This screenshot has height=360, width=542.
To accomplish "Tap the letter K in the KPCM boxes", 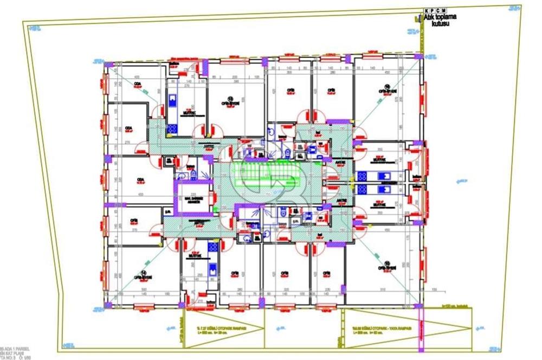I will tap(426, 10).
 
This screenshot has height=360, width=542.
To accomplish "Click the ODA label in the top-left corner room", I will tap(138, 84).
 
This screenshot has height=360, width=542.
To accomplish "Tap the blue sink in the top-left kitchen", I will tap(173, 99).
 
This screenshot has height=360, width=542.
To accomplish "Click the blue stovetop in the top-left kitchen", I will tap(173, 128).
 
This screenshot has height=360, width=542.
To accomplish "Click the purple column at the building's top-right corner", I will tap(418, 56).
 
